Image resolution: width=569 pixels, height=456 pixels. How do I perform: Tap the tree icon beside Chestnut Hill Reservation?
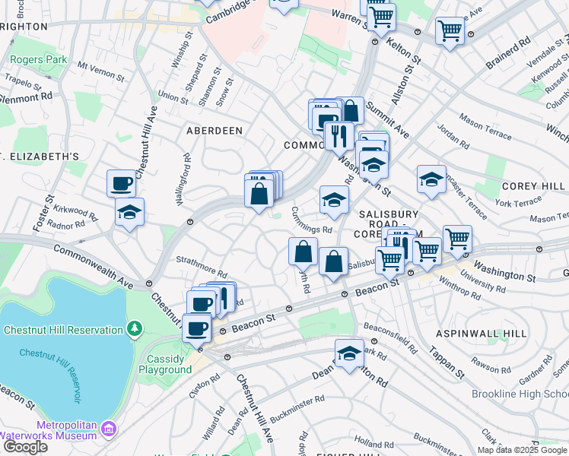tap(135, 329)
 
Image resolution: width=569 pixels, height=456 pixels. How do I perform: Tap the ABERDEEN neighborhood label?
tap(215, 131)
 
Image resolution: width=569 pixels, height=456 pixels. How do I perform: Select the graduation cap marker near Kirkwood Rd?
tap(129, 212)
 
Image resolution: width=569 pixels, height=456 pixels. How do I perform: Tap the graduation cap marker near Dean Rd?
tap(349, 353)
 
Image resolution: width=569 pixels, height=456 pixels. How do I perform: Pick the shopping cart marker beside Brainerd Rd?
tap(450, 31)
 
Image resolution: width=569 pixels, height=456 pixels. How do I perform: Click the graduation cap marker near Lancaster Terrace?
tap(431, 180)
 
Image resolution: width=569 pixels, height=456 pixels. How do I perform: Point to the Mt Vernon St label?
tap(100, 70)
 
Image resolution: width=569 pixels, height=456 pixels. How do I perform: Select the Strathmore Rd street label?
tap(202, 266)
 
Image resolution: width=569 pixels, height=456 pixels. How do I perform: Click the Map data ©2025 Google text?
tap(522, 449)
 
